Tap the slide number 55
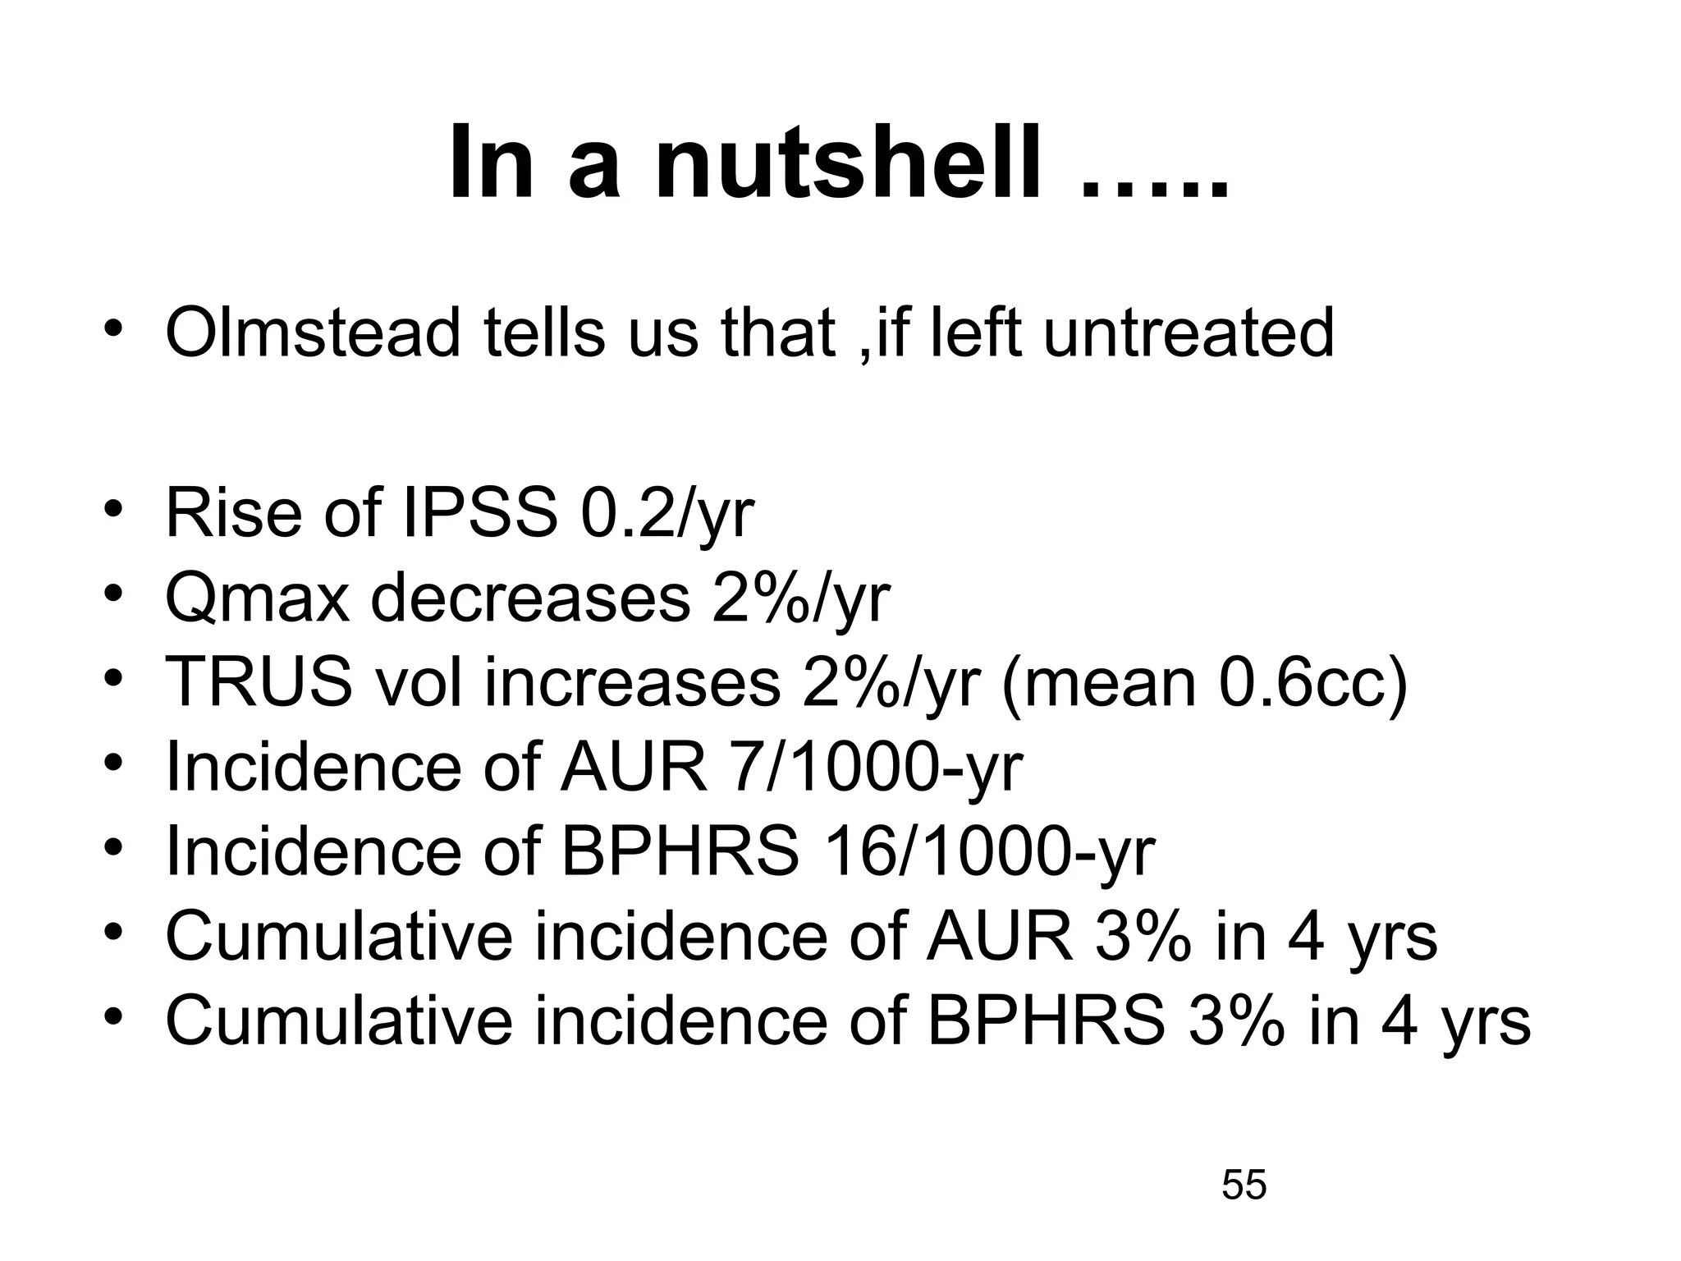pyautogui.click(x=1244, y=1185)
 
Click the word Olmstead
pyautogui.click(x=313, y=332)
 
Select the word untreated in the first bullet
pyautogui.click(x=1189, y=332)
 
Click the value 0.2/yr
pyautogui.click(x=666, y=514)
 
